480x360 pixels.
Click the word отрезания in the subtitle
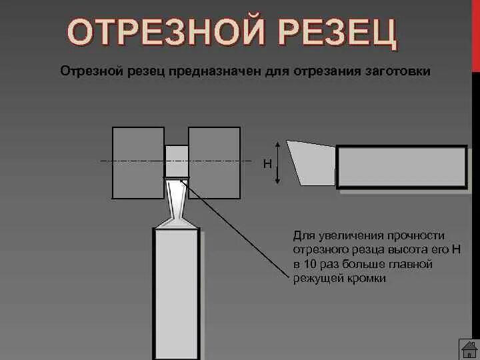313,71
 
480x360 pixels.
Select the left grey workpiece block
138,163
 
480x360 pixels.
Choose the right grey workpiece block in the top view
214,163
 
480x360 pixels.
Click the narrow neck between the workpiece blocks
176,161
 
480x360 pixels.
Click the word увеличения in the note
346,236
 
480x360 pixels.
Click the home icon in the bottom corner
469,349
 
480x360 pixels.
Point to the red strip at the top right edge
475,33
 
